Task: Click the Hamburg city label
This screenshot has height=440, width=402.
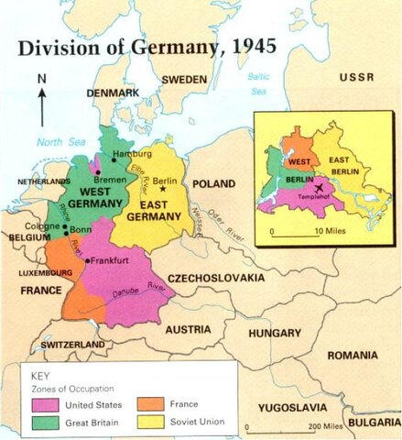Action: point(134,153)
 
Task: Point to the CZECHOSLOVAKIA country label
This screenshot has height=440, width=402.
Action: point(214,277)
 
